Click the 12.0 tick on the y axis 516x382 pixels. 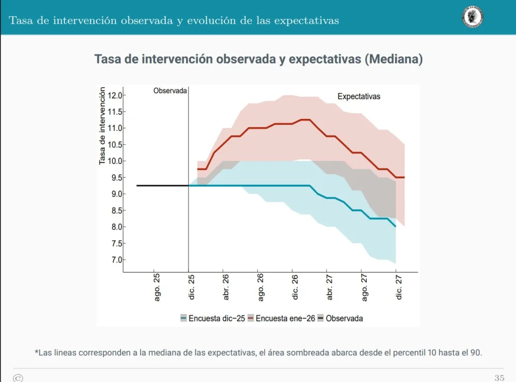point(115,95)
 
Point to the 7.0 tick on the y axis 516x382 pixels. point(115,260)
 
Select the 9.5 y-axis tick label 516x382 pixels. point(115,177)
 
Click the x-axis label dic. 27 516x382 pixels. point(399,287)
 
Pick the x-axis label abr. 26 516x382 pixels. point(226,287)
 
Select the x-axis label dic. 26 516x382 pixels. point(295,287)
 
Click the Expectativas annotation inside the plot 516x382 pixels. point(359,96)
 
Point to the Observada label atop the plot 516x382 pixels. point(170,91)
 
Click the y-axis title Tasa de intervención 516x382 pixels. point(102,126)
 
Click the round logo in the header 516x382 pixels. point(472,17)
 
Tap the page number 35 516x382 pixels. point(499,377)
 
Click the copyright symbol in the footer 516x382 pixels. point(18,377)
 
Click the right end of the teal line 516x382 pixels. point(396,227)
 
